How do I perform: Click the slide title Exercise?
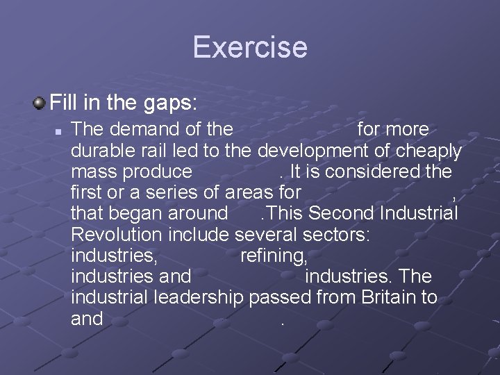click(x=250, y=47)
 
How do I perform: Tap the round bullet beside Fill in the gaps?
click(x=39, y=104)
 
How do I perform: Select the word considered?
click(x=367, y=171)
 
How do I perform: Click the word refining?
click(x=273, y=256)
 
